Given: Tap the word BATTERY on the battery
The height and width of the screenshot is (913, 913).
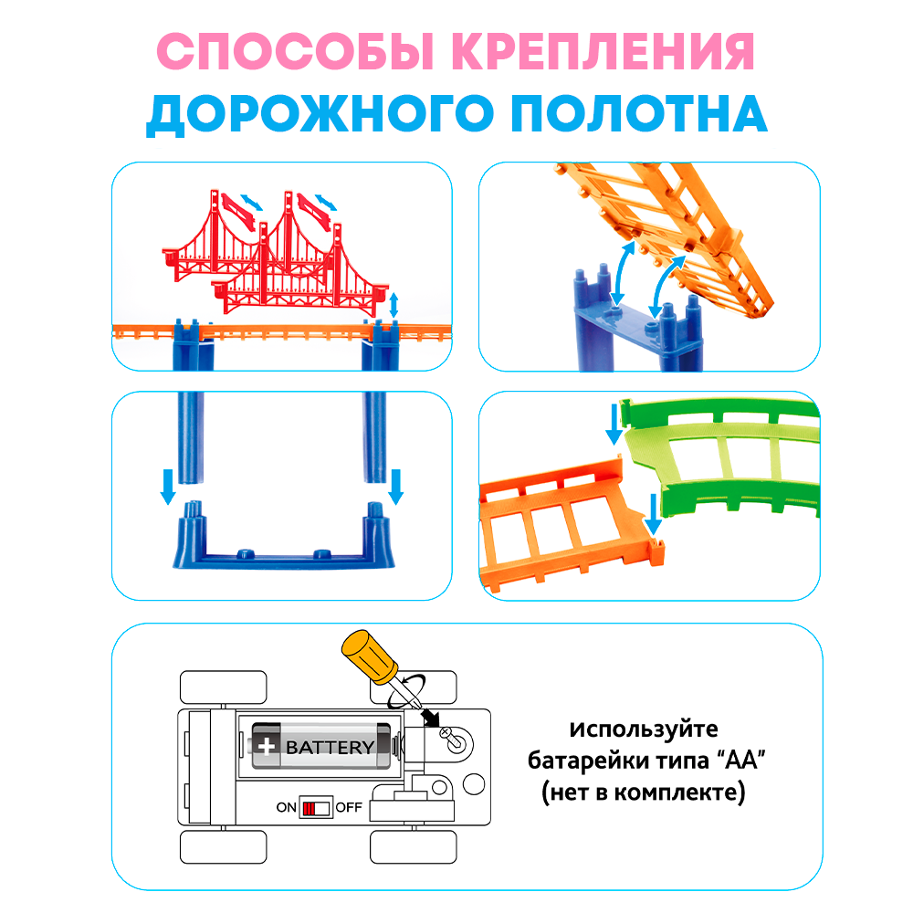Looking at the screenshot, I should pyautogui.click(x=330, y=747).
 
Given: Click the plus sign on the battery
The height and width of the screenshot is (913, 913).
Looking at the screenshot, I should pyautogui.click(x=266, y=746).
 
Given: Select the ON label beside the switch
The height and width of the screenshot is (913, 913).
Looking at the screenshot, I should pyautogui.click(x=287, y=807).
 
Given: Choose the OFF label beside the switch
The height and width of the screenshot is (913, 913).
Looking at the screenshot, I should pyautogui.click(x=349, y=807).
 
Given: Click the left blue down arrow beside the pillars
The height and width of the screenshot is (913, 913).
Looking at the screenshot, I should pyautogui.click(x=168, y=486).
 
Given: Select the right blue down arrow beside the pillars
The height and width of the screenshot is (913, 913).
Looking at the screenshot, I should pyautogui.click(x=395, y=486).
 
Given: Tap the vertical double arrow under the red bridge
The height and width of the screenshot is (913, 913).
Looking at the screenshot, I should pyautogui.click(x=394, y=305).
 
